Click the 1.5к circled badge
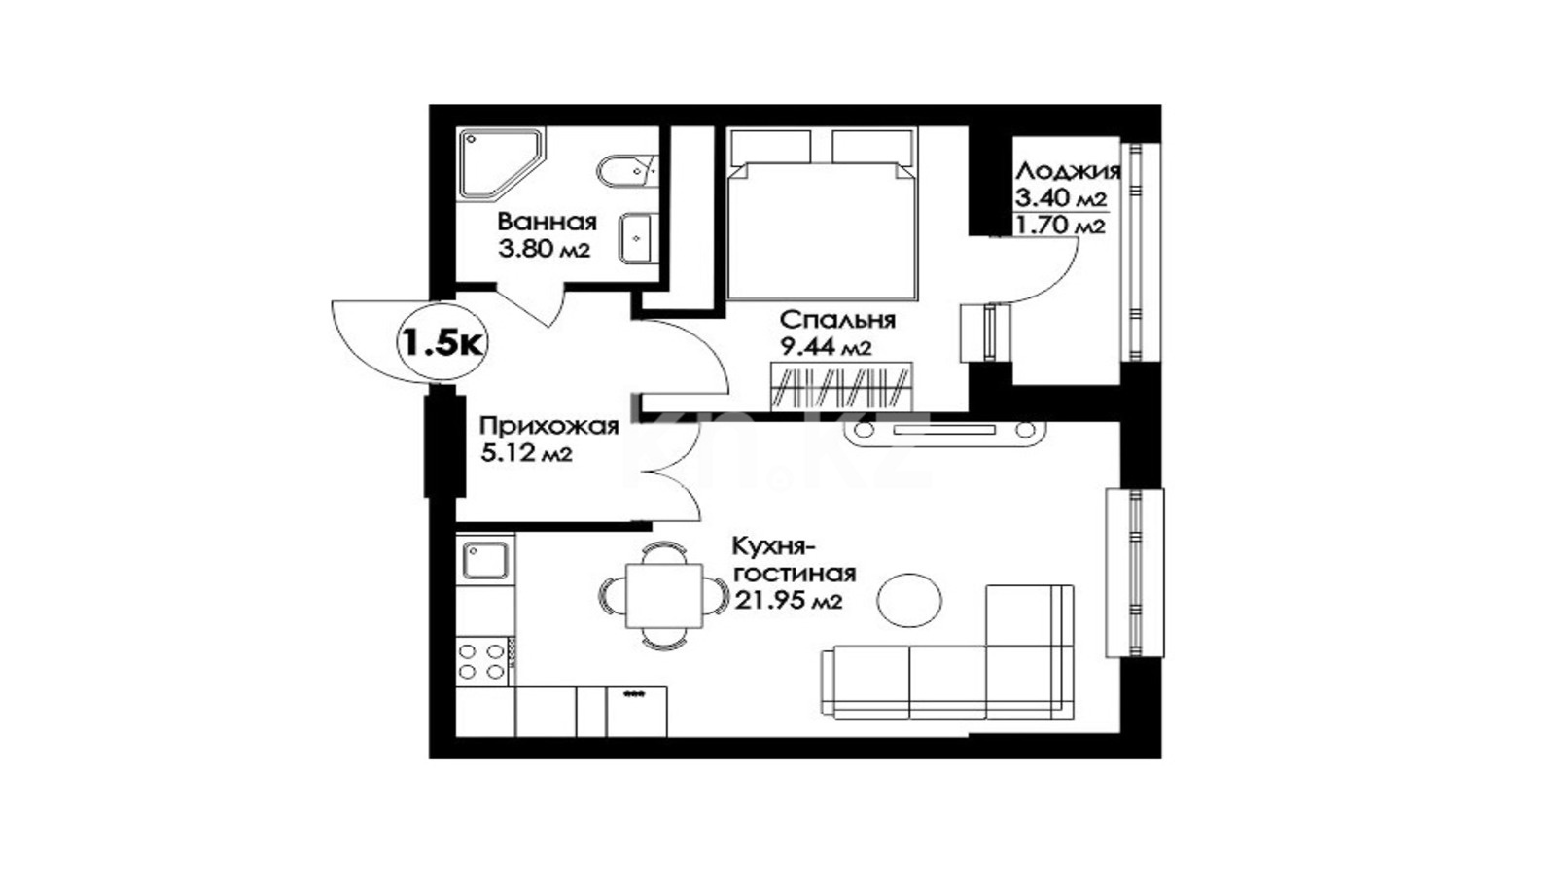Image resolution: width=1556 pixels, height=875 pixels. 442,341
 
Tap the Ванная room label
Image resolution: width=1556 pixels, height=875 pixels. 548,223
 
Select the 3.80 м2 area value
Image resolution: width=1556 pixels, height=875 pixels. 544,249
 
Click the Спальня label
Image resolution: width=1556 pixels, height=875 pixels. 837,320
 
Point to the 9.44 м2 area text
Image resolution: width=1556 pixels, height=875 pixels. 826,347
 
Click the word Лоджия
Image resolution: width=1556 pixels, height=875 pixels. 1069,171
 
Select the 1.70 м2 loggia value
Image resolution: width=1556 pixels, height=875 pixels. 1060,226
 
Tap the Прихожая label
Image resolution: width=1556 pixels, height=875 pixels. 548,426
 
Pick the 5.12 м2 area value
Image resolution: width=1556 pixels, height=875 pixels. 526,453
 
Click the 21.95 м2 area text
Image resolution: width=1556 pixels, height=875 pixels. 789,602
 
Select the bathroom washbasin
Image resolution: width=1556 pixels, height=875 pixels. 636,237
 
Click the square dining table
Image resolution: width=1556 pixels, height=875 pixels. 664,596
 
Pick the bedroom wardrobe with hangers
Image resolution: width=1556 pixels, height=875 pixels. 840,385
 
